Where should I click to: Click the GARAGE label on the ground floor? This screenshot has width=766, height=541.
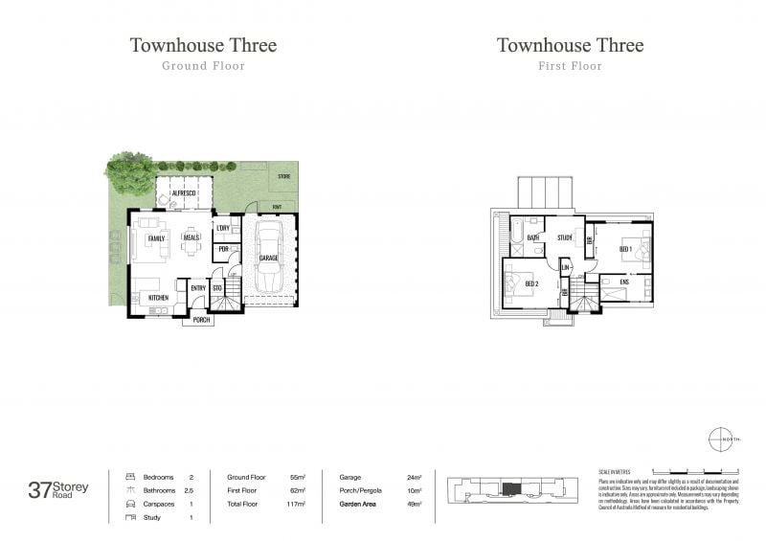click(268, 258)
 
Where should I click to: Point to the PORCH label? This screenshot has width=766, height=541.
click(201, 320)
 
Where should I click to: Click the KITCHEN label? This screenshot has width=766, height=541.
click(158, 298)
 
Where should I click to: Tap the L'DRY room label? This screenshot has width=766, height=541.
click(223, 228)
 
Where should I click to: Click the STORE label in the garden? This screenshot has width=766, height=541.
click(283, 177)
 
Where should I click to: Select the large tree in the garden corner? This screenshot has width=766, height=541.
click(129, 172)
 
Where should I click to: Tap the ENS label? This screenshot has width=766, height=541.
click(623, 282)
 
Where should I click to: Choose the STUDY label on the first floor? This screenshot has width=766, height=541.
click(565, 237)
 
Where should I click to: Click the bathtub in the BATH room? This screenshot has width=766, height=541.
click(518, 232)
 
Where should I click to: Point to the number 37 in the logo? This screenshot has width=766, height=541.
click(40, 490)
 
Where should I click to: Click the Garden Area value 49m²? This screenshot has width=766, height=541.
click(415, 503)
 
